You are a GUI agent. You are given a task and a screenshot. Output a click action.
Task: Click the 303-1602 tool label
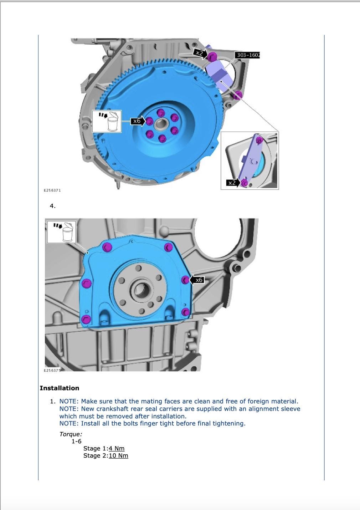pyautogui.click(x=248, y=55)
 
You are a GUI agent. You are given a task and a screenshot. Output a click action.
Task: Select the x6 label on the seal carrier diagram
pyautogui.click(x=199, y=280)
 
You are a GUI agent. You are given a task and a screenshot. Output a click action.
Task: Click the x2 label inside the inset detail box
pyautogui.click(x=232, y=183)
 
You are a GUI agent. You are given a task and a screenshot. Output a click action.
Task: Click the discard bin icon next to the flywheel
pyautogui.click(x=107, y=122)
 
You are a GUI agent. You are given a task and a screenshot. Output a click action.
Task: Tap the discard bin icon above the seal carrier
pyautogui.click(x=62, y=232)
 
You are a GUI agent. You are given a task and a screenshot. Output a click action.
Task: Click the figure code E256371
pyautogui.click(x=52, y=190)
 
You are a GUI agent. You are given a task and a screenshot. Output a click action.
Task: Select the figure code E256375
pyautogui.click(x=52, y=370)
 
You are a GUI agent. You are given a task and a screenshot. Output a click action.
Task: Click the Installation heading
pyautogui.click(x=60, y=388)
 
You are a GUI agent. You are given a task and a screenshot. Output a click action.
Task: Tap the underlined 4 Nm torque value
pyautogui.click(x=117, y=448)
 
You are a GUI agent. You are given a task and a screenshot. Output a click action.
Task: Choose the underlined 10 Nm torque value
pyautogui.click(x=118, y=455)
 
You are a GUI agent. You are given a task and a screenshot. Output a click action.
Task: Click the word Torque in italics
pyautogui.click(x=71, y=434)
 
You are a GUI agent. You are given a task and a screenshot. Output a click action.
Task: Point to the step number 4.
pyautogui.click(x=53, y=206)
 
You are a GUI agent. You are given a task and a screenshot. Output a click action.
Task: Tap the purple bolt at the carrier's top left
pyautogui.click(x=107, y=247)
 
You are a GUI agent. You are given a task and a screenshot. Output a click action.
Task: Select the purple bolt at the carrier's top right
pyautogui.click(x=168, y=247)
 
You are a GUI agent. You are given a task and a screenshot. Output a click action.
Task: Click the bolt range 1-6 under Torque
pyautogui.click(x=76, y=441)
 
